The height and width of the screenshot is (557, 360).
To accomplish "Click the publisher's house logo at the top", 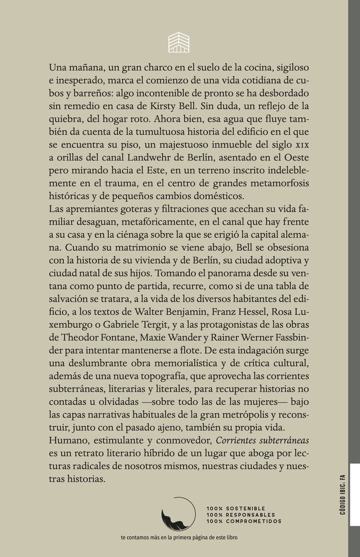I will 179,43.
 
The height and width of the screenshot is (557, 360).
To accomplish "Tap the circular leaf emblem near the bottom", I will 178,514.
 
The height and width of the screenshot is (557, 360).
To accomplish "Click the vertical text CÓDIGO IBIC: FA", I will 342,494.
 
